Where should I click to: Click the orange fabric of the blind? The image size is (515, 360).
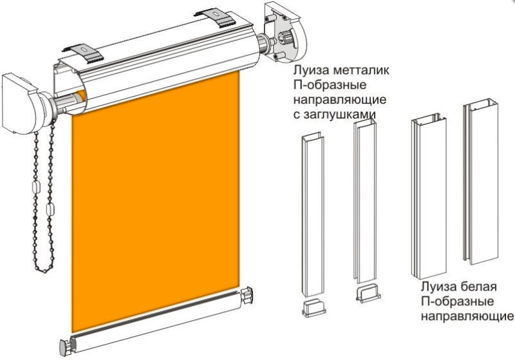point(156,200)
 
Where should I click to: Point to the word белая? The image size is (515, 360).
point(478,287)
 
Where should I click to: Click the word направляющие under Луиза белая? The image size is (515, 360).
point(467,316)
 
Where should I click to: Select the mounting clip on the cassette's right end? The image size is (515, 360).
point(215,19)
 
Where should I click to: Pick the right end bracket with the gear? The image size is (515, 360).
point(284,32)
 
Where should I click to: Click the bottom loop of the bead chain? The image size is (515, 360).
point(44,270)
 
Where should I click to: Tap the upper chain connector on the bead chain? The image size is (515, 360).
point(36,187)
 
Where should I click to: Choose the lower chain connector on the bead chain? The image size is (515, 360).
point(50,209)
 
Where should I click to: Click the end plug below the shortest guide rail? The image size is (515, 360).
point(314,308)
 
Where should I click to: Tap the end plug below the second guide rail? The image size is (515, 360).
point(368,293)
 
